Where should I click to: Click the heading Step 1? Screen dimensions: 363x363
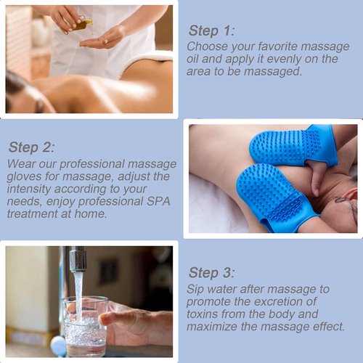coord(212,30)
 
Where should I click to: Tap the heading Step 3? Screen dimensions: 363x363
coord(212,272)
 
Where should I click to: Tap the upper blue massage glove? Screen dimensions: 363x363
coord(290,147)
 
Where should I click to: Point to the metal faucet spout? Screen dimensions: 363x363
coord(77,261)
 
